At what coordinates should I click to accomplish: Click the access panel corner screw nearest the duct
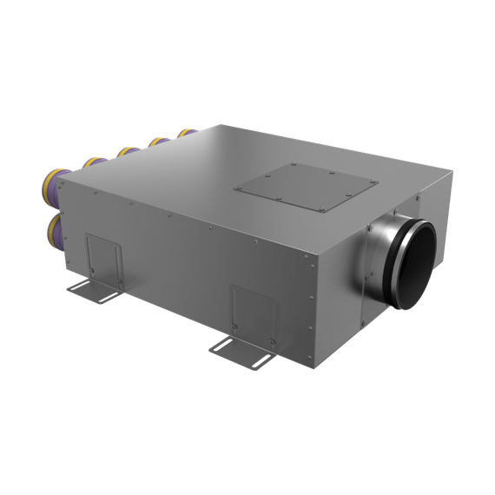click(377, 181)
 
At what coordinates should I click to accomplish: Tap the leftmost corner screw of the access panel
click(237, 186)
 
